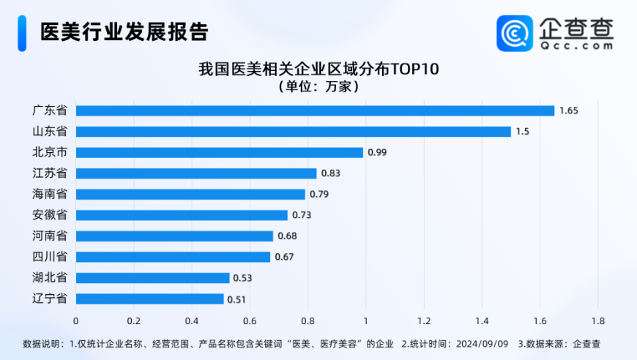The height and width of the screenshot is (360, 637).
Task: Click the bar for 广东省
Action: click(x=315, y=110)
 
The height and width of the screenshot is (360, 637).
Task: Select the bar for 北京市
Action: click(x=220, y=152)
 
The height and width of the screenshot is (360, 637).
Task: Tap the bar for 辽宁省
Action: click(x=150, y=299)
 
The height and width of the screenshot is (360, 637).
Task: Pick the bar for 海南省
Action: click(x=190, y=194)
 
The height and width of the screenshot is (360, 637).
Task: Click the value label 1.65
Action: click(x=569, y=110)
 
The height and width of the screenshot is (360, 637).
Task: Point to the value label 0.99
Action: click(x=377, y=152)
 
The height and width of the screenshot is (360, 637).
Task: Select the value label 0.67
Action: click(x=284, y=257)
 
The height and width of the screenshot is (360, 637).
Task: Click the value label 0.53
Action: click(x=242, y=278)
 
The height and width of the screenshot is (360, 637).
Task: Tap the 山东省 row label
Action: click(x=50, y=131)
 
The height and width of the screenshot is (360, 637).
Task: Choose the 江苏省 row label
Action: click(x=50, y=173)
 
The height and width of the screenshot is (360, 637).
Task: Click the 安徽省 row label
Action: click(x=50, y=215)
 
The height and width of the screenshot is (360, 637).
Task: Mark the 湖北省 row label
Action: click(x=50, y=278)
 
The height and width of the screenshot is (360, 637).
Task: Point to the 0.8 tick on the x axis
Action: click(x=308, y=320)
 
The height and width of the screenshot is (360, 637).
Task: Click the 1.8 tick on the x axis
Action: click(x=597, y=320)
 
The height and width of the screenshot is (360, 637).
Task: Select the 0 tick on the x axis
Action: click(x=75, y=320)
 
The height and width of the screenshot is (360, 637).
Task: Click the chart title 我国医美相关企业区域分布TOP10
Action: click(x=318, y=70)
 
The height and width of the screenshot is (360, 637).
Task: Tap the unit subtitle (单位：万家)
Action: click(x=318, y=86)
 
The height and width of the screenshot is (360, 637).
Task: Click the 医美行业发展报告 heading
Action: click(x=124, y=32)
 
